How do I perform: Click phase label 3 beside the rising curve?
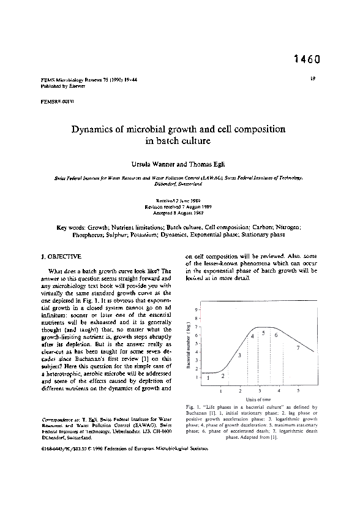(239, 355)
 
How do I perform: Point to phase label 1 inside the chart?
(209, 378)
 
